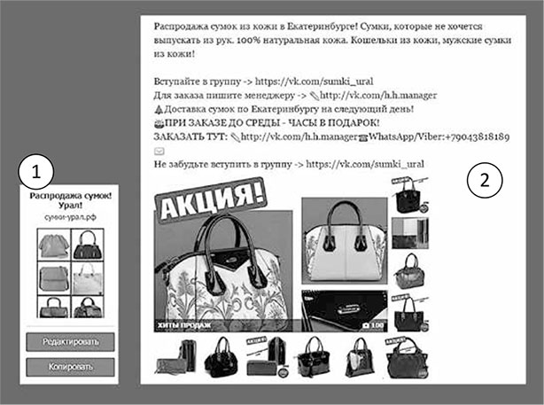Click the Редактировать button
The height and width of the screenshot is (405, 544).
[70, 342]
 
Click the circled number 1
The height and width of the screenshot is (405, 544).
[36, 171]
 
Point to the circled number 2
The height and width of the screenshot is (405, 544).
[485, 180]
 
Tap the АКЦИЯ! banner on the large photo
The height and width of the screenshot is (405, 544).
[211, 199]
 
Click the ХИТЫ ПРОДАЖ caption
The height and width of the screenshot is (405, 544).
[184, 325]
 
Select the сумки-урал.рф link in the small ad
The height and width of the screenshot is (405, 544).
[70, 217]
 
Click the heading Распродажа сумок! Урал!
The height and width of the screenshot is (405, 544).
[70, 200]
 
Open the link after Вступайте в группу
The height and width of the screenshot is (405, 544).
[315, 82]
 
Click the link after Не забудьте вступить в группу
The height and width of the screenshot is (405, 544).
[365, 164]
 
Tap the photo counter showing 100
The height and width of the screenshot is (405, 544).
[373, 325]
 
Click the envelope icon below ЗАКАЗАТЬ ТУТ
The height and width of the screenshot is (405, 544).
[159, 151]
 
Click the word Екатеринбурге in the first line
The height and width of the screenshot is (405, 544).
[322, 27]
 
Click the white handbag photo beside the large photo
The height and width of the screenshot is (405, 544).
[345, 241]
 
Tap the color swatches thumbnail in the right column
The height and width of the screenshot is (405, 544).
[410, 233]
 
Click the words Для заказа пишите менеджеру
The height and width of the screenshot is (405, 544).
[224, 96]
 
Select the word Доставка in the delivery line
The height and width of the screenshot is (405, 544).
[180, 109]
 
